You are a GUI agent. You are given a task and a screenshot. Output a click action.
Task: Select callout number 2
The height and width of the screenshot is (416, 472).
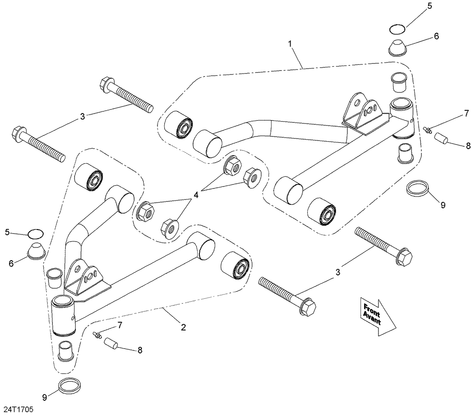tap(183, 327)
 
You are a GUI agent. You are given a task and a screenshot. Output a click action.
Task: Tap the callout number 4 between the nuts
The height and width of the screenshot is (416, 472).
tap(196, 195)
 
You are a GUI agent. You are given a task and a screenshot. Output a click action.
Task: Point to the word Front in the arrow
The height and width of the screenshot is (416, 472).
tap(372, 310)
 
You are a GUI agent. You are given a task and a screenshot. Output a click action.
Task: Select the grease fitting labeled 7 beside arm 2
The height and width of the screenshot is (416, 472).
tap(97, 335)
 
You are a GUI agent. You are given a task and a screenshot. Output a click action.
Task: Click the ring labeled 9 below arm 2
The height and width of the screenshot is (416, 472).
tap(70, 385)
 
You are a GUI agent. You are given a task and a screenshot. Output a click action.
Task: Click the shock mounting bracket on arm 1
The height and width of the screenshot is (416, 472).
tap(363, 115)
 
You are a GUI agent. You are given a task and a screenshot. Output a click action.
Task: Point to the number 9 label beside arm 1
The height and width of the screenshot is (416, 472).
tap(443, 205)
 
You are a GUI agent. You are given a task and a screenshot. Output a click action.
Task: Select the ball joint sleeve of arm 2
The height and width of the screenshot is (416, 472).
tap(64, 315)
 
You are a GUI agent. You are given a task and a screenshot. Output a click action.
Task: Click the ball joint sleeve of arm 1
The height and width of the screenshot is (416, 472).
tap(402, 118)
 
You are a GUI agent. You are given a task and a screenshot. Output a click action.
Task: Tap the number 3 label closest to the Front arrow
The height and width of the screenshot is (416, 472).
tap(338, 272)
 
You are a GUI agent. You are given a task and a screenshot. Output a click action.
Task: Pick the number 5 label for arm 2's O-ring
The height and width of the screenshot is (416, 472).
tap(8, 232)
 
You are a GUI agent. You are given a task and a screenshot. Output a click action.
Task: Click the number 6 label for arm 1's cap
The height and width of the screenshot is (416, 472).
tap(436, 36)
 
